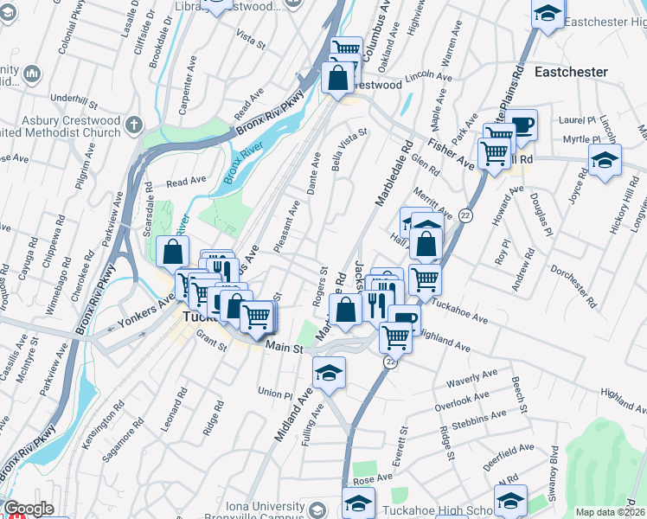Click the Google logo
tap(28, 509)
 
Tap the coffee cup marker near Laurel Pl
tap(522, 125)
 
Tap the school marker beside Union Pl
tap(329, 374)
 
